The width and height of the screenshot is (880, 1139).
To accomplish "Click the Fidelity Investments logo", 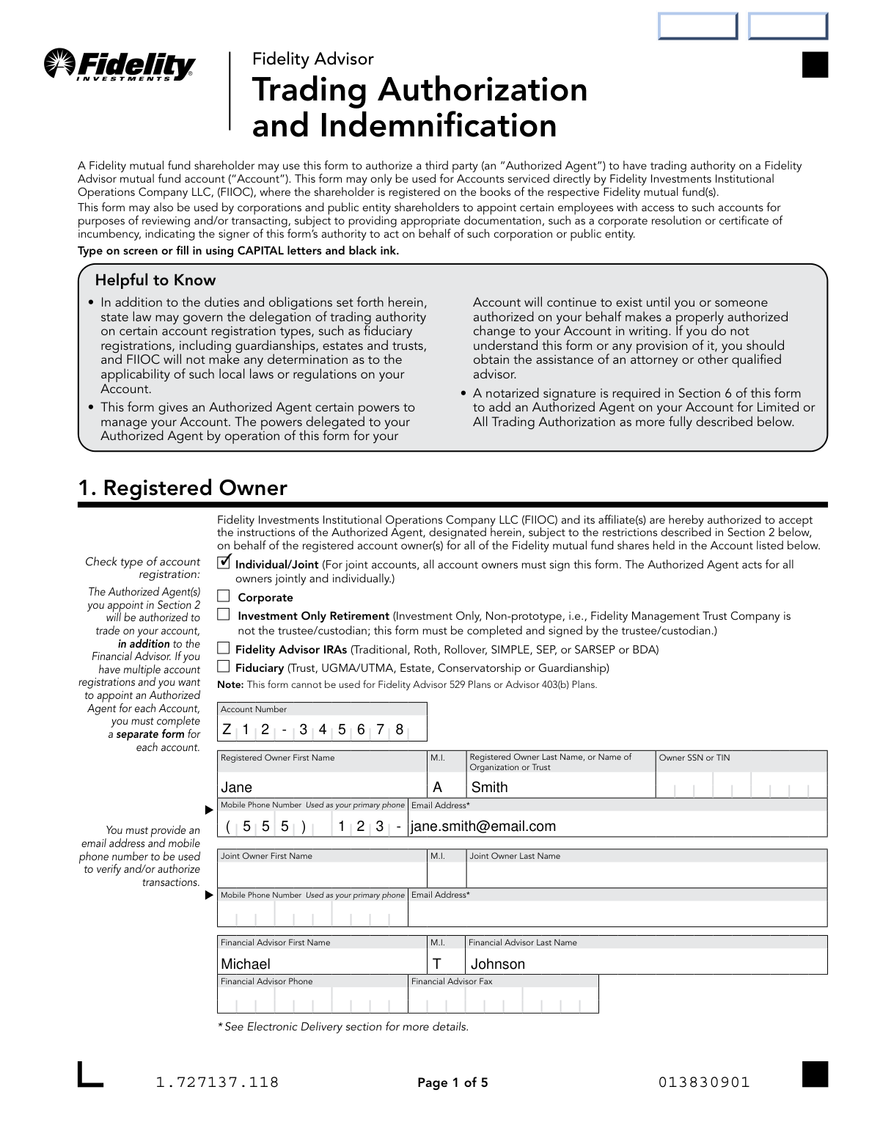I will point(120,65).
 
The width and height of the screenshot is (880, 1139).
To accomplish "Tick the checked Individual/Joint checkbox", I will point(224,563).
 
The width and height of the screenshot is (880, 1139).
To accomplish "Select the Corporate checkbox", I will point(224,596).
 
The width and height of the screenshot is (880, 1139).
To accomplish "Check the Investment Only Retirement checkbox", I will point(224,615).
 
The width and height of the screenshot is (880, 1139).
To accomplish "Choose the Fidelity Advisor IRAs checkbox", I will point(224,648).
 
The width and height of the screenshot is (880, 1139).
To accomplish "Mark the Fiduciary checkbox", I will point(224,667).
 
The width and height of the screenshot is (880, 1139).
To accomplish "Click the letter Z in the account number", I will point(227,730).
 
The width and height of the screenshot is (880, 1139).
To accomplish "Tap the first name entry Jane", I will point(237,788).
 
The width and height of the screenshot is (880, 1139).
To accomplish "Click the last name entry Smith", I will point(489,788).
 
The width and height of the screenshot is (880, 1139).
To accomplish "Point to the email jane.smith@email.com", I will point(483,827).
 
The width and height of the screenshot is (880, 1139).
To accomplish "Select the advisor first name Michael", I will point(246,964).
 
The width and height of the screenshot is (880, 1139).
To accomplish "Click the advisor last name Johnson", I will point(497,964).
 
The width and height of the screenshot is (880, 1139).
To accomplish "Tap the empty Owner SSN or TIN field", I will point(741,788).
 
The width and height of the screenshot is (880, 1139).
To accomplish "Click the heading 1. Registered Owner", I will point(183,488).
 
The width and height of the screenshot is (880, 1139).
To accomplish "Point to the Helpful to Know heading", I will point(155,280).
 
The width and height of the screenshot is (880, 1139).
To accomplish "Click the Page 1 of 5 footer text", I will point(452,1083).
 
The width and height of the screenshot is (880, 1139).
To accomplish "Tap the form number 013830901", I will point(704,1083).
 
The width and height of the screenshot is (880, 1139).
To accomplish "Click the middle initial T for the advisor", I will point(437,964).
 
